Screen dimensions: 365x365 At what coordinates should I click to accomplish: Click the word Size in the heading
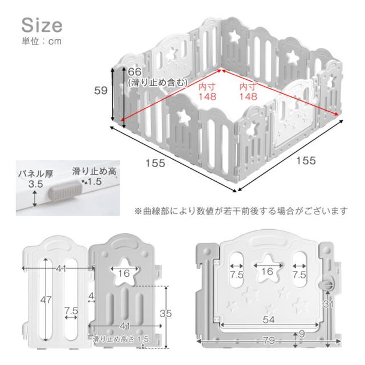pos(42,25)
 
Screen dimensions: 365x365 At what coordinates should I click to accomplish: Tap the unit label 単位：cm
pos(42,42)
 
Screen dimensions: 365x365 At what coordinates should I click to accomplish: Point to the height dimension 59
pos(101,91)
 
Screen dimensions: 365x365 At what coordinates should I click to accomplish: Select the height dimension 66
pos(135,72)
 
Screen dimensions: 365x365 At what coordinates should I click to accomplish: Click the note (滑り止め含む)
pos(158,83)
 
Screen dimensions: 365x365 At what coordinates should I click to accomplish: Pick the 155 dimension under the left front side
pos(155,163)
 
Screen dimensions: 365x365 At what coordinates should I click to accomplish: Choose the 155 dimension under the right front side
pos(306,160)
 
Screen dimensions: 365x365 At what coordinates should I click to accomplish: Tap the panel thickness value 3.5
pos(36,184)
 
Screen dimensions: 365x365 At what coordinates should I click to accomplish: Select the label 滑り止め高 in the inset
pos(94,171)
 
